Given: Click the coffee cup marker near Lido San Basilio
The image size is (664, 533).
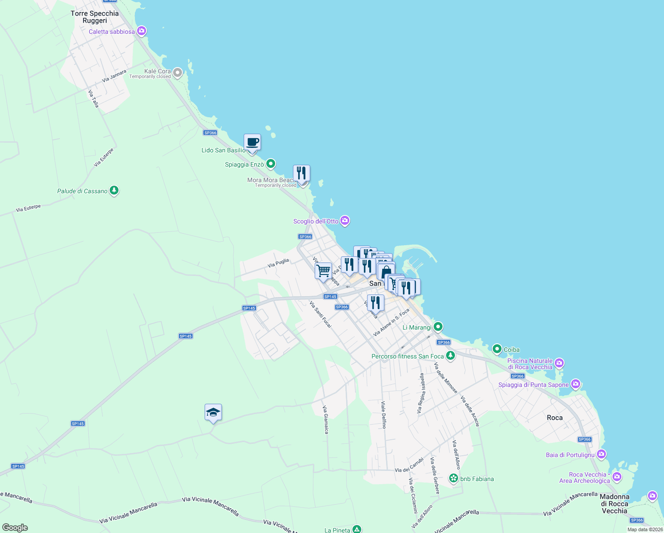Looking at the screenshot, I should click(x=252, y=143).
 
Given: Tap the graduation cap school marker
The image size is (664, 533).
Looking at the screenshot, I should click(x=213, y=413).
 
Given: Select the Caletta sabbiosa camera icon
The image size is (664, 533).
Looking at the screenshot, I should click(x=142, y=31).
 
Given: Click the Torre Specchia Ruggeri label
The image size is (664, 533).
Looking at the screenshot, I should click(x=95, y=17).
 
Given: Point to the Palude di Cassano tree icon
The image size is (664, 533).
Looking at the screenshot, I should click(x=114, y=191).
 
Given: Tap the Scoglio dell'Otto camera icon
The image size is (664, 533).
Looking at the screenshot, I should click(x=345, y=220).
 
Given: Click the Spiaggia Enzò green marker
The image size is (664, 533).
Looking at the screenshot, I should click(x=271, y=164).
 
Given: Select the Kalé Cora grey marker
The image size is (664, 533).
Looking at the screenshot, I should click(x=178, y=72).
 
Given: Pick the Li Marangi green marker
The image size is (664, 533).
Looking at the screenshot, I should click(x=438, y=327).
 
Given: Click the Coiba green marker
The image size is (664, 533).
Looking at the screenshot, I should click(x=497, y=349).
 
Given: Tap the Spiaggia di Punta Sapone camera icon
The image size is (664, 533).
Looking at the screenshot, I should click(x=576, y=384).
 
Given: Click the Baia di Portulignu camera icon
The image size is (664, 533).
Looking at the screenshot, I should click(x=601, y=454).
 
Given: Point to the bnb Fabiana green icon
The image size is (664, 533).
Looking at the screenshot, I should click(x=454, y=478).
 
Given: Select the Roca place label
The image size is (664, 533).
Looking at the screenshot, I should click(x=555, y=418).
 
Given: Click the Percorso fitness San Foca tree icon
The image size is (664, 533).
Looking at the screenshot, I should click(x=451, y=355).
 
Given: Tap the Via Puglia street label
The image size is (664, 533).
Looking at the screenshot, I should click(x=278, y=263).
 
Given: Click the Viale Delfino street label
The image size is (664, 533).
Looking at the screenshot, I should click(x=384, y=415).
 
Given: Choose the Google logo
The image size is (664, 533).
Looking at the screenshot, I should click(x=15, y=528).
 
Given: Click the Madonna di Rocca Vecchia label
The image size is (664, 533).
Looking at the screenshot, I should click(x=614, y=504).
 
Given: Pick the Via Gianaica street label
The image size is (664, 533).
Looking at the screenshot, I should click(x=326, y=420).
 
